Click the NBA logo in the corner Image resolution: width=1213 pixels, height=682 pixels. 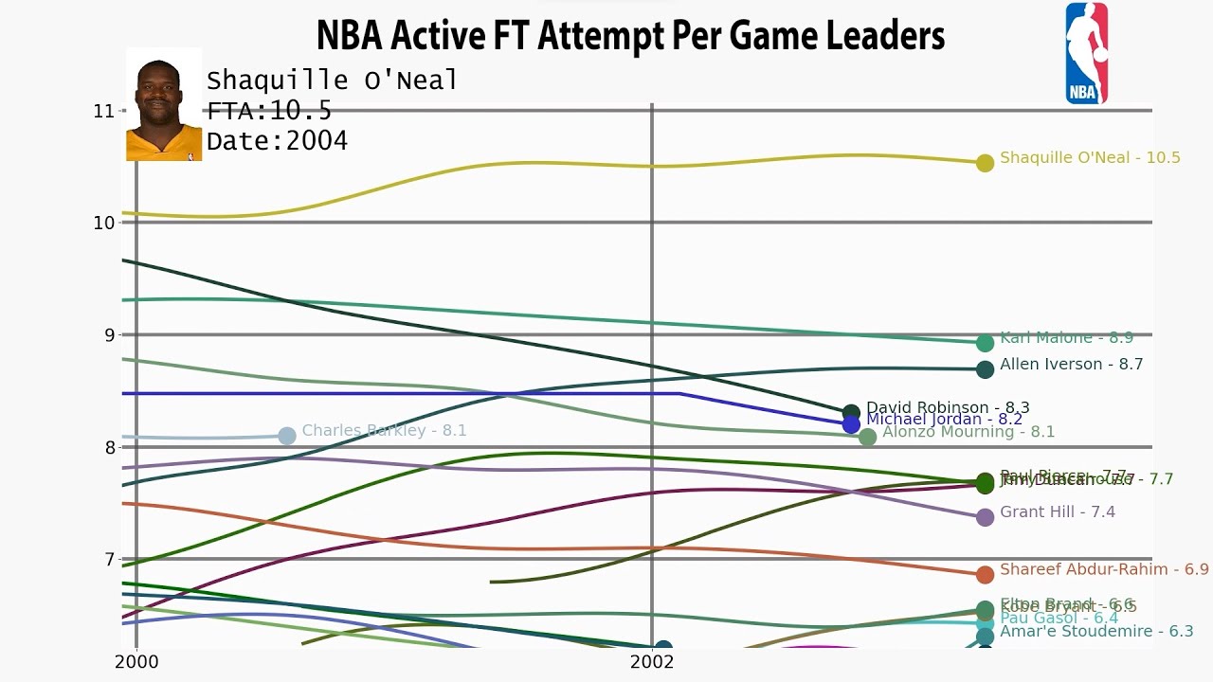[1086, 53]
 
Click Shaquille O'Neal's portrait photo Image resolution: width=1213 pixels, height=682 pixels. [164, 105]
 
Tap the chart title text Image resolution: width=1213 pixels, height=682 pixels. [630, 36]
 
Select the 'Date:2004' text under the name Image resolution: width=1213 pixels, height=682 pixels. [277, 141]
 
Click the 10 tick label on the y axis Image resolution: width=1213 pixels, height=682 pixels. [104, 223]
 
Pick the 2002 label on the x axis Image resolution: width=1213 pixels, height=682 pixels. [652, 661]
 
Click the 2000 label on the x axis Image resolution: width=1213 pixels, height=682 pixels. [136, 661]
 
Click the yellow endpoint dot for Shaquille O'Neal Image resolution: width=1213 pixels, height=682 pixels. [985, 163]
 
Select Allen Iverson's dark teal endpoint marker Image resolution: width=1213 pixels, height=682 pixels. [985, 369]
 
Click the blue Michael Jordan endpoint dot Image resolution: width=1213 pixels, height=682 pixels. [851, 424]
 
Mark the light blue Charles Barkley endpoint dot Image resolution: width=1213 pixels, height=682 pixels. [287, 436]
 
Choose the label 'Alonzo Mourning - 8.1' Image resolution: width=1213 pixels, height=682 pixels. [968, 432]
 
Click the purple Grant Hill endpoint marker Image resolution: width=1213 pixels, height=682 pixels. [985, 517]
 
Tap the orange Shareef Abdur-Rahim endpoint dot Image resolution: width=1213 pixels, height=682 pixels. [985, 574]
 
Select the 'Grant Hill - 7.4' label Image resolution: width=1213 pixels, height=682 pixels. [1057, 512]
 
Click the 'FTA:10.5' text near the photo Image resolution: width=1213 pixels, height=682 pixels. [269, 111]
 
